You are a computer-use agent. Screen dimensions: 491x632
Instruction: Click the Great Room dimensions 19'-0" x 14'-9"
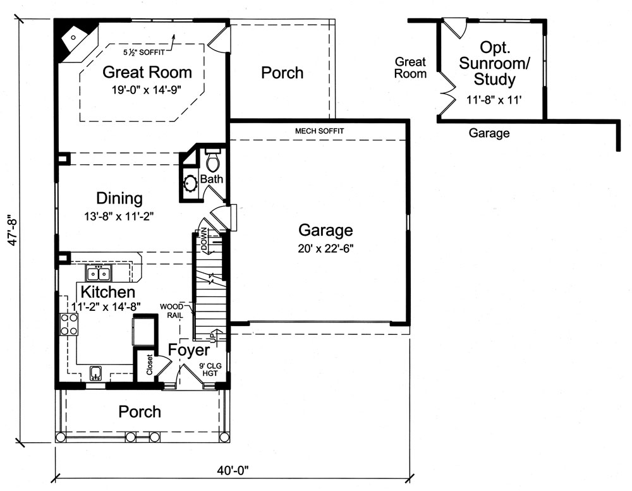pos(143,89)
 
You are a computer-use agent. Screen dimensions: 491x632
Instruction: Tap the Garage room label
pos(325,230)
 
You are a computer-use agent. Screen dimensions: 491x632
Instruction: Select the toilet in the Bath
pos(212,162)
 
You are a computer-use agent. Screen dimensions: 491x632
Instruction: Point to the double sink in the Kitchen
pos(98,274)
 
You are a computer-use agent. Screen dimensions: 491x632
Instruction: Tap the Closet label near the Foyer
pos(149,365)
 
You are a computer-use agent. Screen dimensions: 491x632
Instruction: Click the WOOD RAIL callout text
pos(171,310)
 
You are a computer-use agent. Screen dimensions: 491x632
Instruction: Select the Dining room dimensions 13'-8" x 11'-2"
pos(119,215)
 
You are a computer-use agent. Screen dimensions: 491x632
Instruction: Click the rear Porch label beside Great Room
pos(282,73)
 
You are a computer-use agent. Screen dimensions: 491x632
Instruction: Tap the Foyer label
pos(188,350)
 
